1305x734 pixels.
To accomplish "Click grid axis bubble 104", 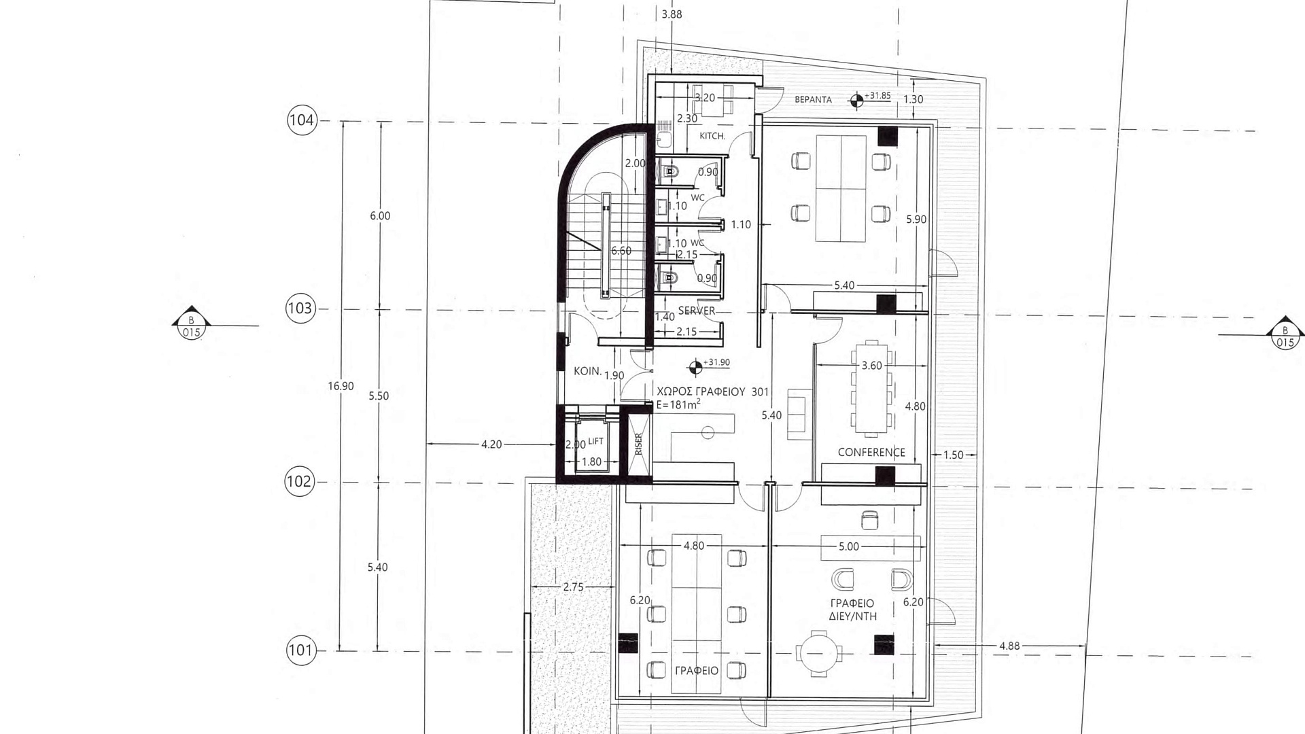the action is (x=302, y=120).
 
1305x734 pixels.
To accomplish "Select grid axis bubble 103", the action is (x=300, y=309).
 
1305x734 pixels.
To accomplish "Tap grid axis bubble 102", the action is (x=299, y=482).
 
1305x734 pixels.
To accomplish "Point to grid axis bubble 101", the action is (x=300, y=650).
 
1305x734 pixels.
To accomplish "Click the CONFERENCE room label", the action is (x=871, y=452).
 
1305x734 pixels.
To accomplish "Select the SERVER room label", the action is (x=697, y=311).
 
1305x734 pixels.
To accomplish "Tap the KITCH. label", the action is (x=712, y=136).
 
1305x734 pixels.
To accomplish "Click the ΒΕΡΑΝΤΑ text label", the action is (x=813, y=99).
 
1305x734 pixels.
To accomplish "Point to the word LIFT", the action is (x=595, y=441).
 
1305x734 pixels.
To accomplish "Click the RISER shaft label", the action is (x=638, y=444).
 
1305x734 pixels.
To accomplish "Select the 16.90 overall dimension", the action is (x=341, y=386).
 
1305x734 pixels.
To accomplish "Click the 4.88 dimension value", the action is (x=1009, y=646).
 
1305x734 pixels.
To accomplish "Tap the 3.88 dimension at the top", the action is (x=672, y=14).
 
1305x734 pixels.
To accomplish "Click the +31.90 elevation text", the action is (x=717, y=362).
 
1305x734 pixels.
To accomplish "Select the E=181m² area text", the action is (x=678, y=404).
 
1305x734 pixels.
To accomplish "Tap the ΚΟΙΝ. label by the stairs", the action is (x=588, y=371).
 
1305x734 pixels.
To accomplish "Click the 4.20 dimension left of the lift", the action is (x=491, y=444).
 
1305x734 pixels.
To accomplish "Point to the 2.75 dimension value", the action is (x=573, y=587).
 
